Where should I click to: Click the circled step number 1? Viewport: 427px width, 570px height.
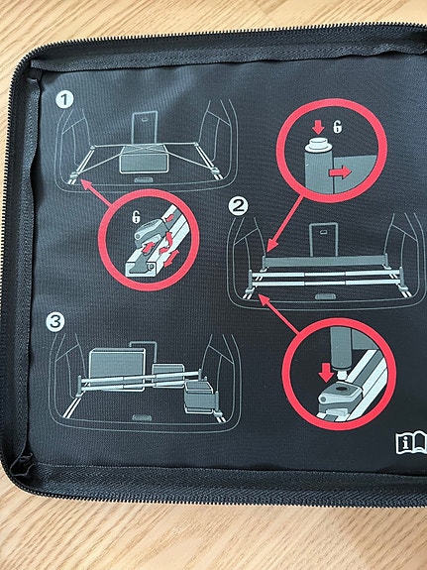(64, 99)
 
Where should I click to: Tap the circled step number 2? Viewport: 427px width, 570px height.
(238, 207)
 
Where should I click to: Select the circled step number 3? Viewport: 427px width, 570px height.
(55, 322)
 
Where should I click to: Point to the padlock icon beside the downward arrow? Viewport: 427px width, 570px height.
(338, 127)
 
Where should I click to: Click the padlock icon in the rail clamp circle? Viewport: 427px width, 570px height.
(136, 217)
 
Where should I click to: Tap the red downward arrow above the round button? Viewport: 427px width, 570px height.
(318, 127)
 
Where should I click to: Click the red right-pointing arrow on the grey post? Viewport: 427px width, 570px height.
(340, 172)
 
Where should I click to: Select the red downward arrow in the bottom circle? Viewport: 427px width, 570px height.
(326, 372)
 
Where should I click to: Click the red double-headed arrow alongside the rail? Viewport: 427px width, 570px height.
(172, 258)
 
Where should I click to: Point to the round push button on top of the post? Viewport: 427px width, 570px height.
(318, 142)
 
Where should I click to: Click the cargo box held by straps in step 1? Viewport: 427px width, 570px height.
(145, 160)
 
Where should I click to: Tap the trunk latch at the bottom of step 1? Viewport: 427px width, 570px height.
(144, 180)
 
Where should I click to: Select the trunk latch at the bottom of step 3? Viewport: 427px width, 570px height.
(142, 417)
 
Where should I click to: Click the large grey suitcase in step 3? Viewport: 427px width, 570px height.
(117, 365)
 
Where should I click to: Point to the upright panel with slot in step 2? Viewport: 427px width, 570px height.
(323, 240)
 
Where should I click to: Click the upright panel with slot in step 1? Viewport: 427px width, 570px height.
(145, 128)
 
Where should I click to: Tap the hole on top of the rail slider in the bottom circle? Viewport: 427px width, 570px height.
(341, 389)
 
